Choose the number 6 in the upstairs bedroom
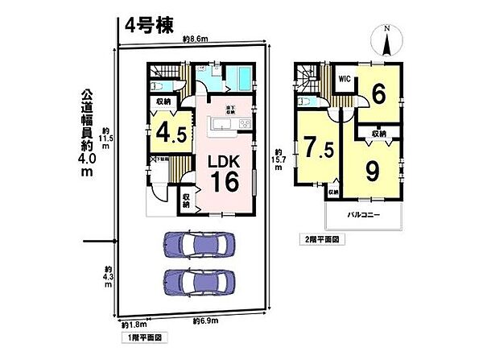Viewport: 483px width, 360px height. tap(378, 93)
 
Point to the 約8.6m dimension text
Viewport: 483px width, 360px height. tap(195, 39)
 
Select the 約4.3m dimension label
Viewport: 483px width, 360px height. tap(109, 278)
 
